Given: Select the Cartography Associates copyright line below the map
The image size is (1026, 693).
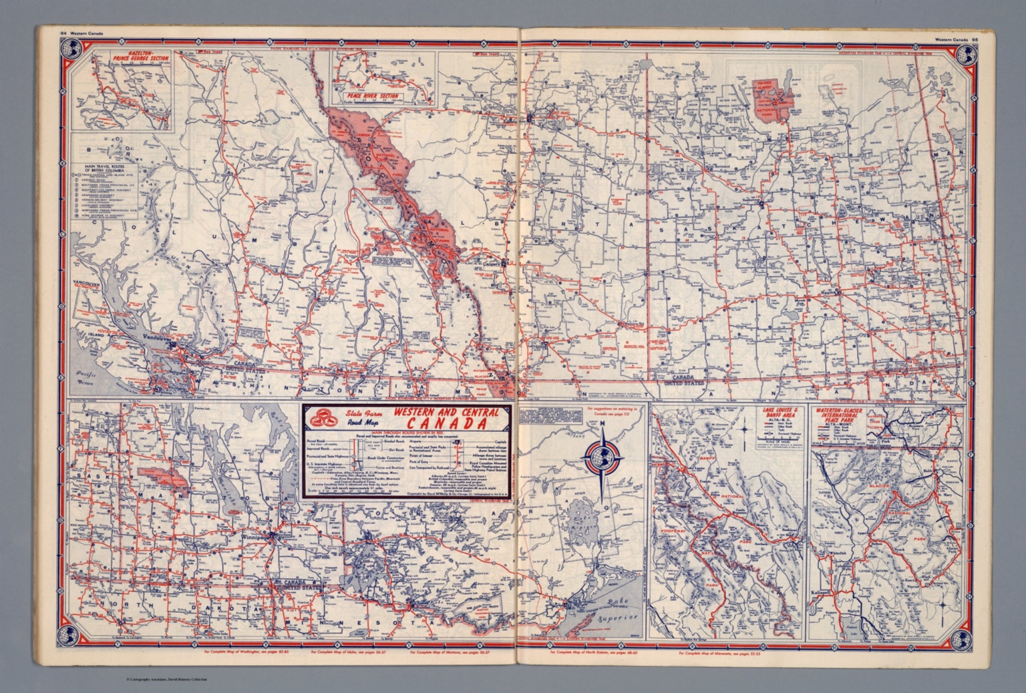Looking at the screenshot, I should click(x=166, y=680).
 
